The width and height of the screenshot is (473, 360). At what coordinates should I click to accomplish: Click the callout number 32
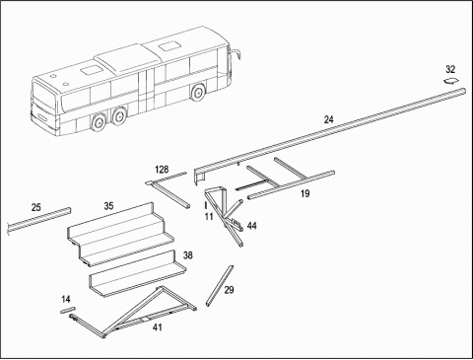(450, 69)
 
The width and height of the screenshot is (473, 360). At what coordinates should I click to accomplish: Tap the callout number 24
(328, 119)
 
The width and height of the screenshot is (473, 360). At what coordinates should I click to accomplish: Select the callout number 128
(162, 170)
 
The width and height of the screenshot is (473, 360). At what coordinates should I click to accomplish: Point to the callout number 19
(304, 193)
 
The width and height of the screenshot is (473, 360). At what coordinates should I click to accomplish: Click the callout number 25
(36, 207)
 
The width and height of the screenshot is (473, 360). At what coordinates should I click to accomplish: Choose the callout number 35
(108, 206)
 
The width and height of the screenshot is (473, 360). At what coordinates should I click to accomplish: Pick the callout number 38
(188, 255)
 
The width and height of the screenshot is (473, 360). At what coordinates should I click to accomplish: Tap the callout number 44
(252, 226)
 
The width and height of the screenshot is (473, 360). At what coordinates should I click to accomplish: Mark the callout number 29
(229, 290)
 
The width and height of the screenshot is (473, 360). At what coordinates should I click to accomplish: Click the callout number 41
(158, 327)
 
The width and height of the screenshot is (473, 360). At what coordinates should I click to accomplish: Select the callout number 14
(66, 299)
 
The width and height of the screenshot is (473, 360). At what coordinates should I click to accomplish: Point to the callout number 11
(209, 216)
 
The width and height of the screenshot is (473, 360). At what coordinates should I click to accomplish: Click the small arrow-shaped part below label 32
(451, 81)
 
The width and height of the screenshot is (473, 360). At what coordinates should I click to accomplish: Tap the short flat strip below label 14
(68, 310)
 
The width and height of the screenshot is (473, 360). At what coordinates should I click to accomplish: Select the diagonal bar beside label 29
(220, 286)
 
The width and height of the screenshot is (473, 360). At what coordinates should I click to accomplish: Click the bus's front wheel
(198, 93)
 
